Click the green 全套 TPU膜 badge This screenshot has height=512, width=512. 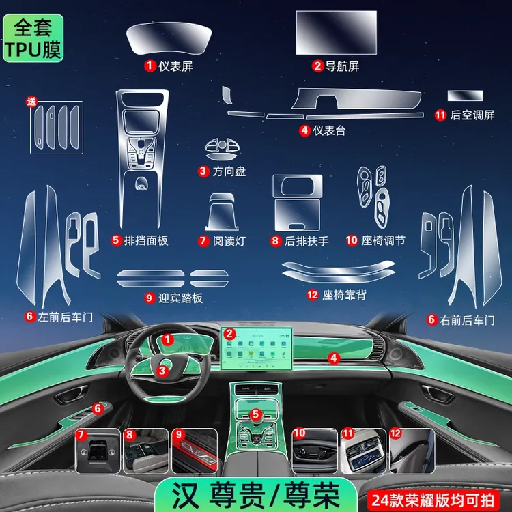coord(33,38)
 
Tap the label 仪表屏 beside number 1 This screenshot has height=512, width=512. coord(175,66)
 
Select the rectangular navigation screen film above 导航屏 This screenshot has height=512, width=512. coord(337,32)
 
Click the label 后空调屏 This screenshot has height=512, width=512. coord(472,115)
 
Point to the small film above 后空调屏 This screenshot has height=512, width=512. coord(465,96)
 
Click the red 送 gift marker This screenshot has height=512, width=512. coord(31,102)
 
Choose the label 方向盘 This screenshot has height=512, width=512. coord(229,171)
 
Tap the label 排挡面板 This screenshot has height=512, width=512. coord(146,241)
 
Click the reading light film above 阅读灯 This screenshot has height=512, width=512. coord(222,212)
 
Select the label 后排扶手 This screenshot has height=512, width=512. coord(307,241)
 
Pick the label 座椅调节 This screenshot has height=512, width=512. coord(383,241)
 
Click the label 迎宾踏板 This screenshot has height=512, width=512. coord(180,298)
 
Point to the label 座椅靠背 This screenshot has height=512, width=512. coord(344,295)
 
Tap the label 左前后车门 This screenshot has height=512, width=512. coord(66,317)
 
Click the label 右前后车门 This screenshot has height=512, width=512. coord(467,320)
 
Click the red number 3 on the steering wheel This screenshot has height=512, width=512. coord(162,371)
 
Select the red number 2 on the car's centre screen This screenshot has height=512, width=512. coord(229,334)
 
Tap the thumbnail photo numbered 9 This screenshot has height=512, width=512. coord(195,451)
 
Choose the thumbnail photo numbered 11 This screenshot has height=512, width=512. coord(363,451)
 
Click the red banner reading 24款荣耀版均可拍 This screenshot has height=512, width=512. coord(433,500)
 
